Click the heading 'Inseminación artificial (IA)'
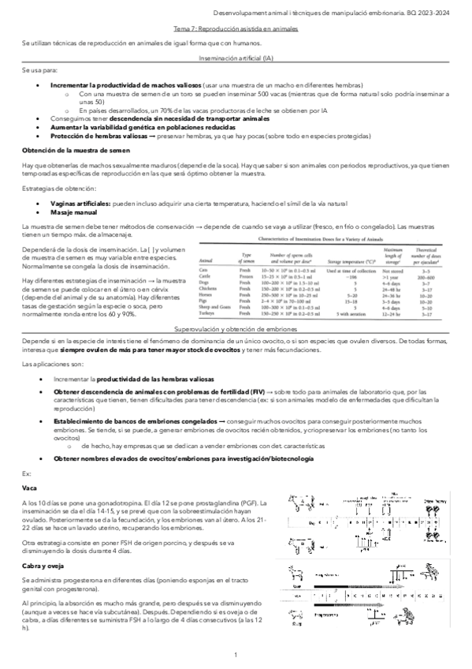pyautogui.click(x=236, y=59)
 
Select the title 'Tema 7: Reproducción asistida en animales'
pyautogui.click(x=236, y=28)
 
